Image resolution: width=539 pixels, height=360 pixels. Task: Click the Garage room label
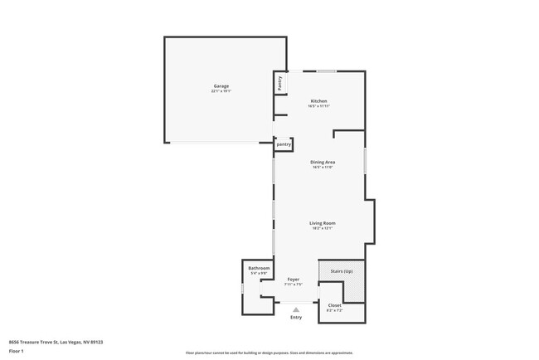pyautogui.click(x=221, y=86)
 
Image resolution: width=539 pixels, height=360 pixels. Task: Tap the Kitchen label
pyautogui.click(x=319, y=101)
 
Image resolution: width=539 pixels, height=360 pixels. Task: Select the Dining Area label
pyautogui.click(x=322, y=162)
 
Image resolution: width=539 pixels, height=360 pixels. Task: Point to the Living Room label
pyautogui.click(x=322, y=223)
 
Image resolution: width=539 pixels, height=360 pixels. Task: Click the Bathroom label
pyautogui.click(x=259, y=268)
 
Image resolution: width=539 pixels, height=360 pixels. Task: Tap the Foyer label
pyautogui.click(x=294, y=280)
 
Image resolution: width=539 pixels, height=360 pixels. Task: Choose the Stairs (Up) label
pyautogui.click(x=342, y=271)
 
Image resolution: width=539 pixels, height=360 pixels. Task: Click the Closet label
pyautogui.click(x=334, y=305)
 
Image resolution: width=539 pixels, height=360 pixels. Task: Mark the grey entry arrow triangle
pyautogui.click(x=295, y=309)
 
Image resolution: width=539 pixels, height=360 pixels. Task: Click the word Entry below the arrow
pyautogui.click(x=296, y=318)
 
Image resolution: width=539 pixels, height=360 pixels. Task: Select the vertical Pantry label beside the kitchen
pyautogui.click(x=280, y=83)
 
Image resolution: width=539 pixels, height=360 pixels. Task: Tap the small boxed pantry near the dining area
pyautogui.click(x=284, y=144)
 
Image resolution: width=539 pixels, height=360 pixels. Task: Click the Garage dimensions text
pyautogui.click(x=221, y=91)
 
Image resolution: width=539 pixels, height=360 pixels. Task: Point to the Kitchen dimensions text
pyautogui.click(x=319, y=106)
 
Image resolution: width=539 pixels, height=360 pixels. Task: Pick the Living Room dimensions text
pyautogui.click(x=322, y=228)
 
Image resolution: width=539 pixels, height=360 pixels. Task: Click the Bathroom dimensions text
pyautogui.click(x=259, y=273)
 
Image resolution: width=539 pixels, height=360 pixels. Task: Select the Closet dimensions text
pyautogui.click(x=334, y=310)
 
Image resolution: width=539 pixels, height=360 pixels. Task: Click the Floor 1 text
pyautogui.click(x=17, y=351)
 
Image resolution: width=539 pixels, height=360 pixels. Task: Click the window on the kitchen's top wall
pyautogui.click(x=325, y=71)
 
